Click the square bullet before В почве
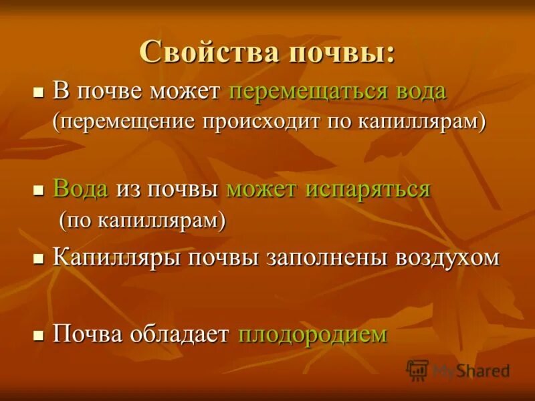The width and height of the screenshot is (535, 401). pos(39,92)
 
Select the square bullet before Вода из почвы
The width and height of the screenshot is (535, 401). pos(39,190)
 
